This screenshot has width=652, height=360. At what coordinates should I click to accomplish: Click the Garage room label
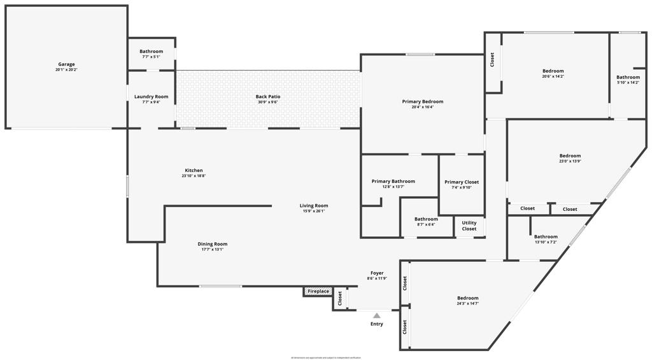click(66, 64)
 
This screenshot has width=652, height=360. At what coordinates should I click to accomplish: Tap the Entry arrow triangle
click(377, 315)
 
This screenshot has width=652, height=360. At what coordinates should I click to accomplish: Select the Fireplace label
click(318, 292)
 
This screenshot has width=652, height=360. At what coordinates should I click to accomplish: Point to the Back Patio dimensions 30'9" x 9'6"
click(268, 102)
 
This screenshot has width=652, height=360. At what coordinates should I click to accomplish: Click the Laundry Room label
click(151, 97)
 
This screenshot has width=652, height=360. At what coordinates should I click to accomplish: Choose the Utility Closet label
click(469, 226)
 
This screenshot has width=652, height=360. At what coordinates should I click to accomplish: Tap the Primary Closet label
click(461, 182)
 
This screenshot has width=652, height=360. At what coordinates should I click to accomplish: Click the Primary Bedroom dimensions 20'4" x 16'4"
click(423, 107)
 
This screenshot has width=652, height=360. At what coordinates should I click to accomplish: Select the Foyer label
click(377, 273)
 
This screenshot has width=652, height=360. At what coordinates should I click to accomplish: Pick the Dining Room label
click(212, 244)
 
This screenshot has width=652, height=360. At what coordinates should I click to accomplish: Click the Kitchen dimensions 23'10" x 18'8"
click(194, 176)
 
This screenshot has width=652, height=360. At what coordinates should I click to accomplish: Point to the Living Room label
click(314, 206)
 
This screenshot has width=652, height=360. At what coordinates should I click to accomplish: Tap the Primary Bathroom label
click(393, 182)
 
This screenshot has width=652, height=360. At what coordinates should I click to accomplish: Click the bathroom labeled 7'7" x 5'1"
click(151, 52)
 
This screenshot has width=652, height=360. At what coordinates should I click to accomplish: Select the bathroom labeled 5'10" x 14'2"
click(628, 78)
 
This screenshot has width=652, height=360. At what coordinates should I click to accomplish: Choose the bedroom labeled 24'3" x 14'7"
click(467, 298)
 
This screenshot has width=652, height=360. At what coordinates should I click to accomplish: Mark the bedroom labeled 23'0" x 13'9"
click(570, 156)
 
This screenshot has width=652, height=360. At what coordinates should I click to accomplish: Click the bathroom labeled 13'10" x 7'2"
click(546, 237)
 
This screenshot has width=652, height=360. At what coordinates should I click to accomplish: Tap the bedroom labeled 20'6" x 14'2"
click(553, 71)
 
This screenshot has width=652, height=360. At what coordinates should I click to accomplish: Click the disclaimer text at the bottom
click(326, 357)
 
